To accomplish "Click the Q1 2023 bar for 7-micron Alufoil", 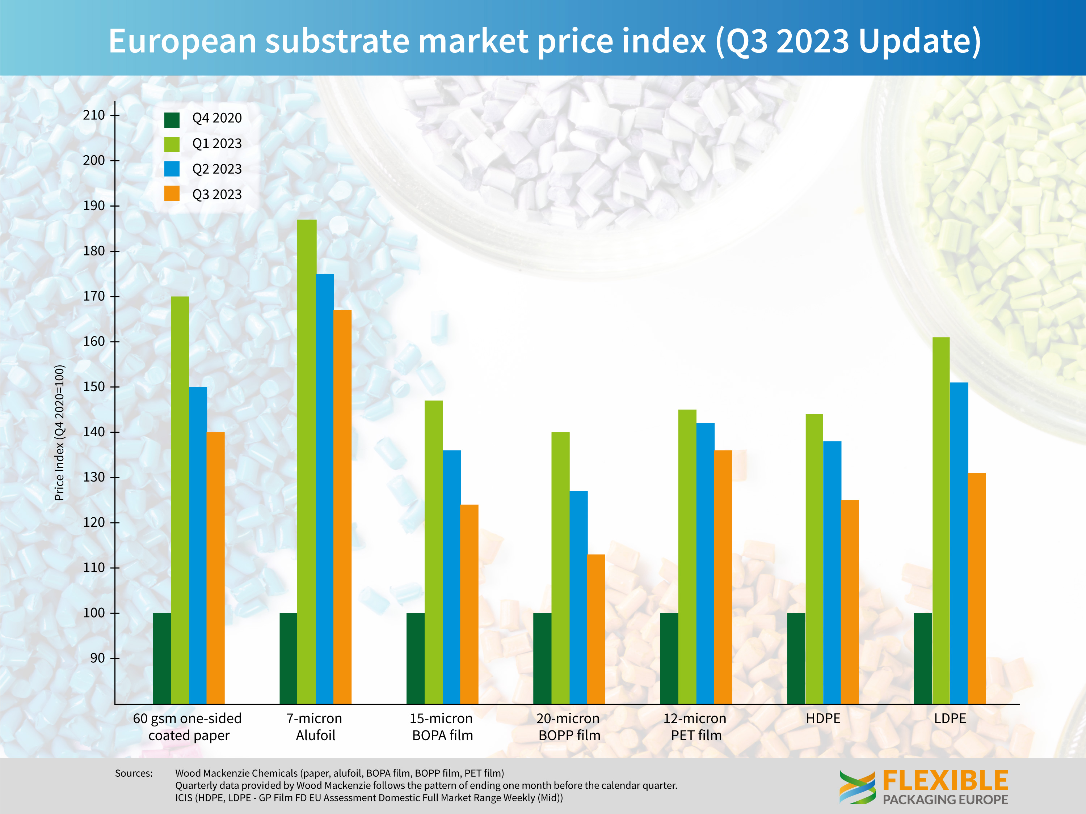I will click(307, 461).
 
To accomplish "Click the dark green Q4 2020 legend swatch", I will click(172, 119).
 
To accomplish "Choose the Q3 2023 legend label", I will click(217, 195).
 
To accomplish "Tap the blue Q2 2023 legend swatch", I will click(172, 169).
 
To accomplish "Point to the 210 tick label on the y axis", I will click(94, 115).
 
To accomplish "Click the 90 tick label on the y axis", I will click(97, 658).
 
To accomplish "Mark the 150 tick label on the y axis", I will click(94, 387).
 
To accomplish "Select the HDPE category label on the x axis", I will click(823, 718).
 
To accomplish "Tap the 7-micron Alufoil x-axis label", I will click(315, 727).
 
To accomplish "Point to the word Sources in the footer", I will click(134, 773).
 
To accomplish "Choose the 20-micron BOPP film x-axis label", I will click(569, 727).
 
